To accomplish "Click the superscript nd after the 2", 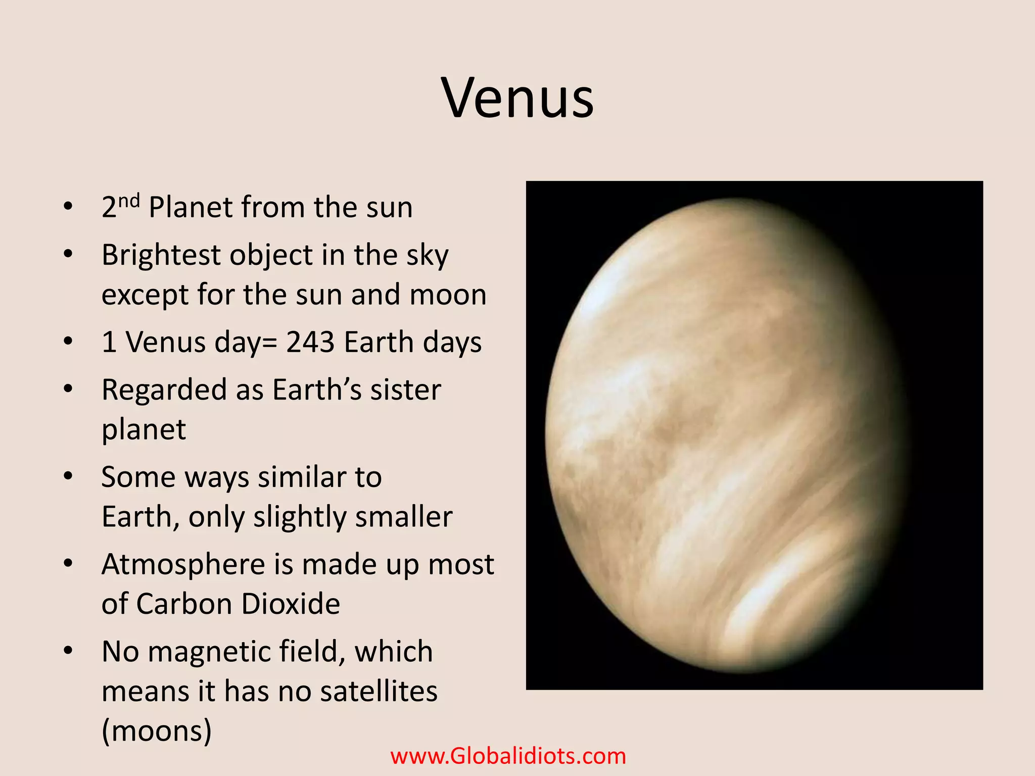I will point(129,201).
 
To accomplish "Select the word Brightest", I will point(161,255).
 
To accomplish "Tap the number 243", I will point(310,342).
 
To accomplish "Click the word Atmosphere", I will point(183,564).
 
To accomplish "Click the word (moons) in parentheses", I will point(157,731).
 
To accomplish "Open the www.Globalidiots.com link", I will point(508,756).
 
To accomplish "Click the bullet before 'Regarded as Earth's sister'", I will point(68,389).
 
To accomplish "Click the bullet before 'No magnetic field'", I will point(68,651).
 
